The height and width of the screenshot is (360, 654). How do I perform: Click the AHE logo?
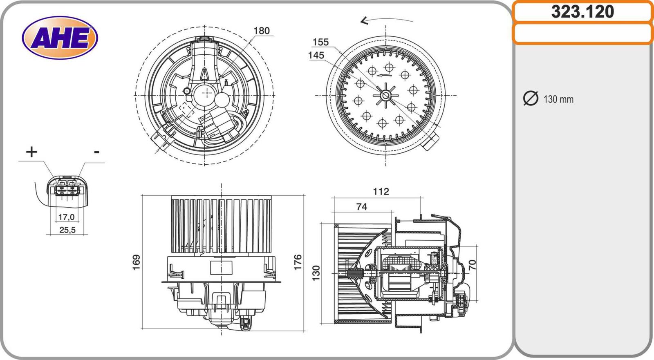(60, 38)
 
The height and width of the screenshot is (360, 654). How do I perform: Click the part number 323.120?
(582, 12)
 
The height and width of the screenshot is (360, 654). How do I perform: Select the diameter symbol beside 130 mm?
(531, 98)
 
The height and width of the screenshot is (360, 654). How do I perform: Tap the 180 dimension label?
(261, 31)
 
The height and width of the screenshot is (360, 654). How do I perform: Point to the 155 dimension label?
(320, 42)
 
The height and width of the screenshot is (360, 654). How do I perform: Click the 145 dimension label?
(316, 55)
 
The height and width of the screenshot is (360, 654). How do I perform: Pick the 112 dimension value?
(381, 192)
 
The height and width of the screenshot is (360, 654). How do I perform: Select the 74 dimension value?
(361, 207)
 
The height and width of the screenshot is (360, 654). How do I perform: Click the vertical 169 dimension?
(137, 262)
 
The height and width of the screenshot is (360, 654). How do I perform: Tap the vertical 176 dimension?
(298, 262)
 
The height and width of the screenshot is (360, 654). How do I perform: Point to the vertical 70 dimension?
(472, 264)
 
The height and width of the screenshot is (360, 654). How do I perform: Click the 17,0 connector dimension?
(67, 217)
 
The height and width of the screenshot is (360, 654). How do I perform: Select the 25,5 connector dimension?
(67, 230)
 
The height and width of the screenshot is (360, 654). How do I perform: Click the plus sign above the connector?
(31, 152)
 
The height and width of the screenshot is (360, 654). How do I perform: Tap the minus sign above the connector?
(96, 152)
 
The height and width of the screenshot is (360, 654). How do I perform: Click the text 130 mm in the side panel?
(558, 99)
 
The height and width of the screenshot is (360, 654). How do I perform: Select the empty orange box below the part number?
(582, 34)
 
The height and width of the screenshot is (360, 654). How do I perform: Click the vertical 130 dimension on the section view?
(316, 273)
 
